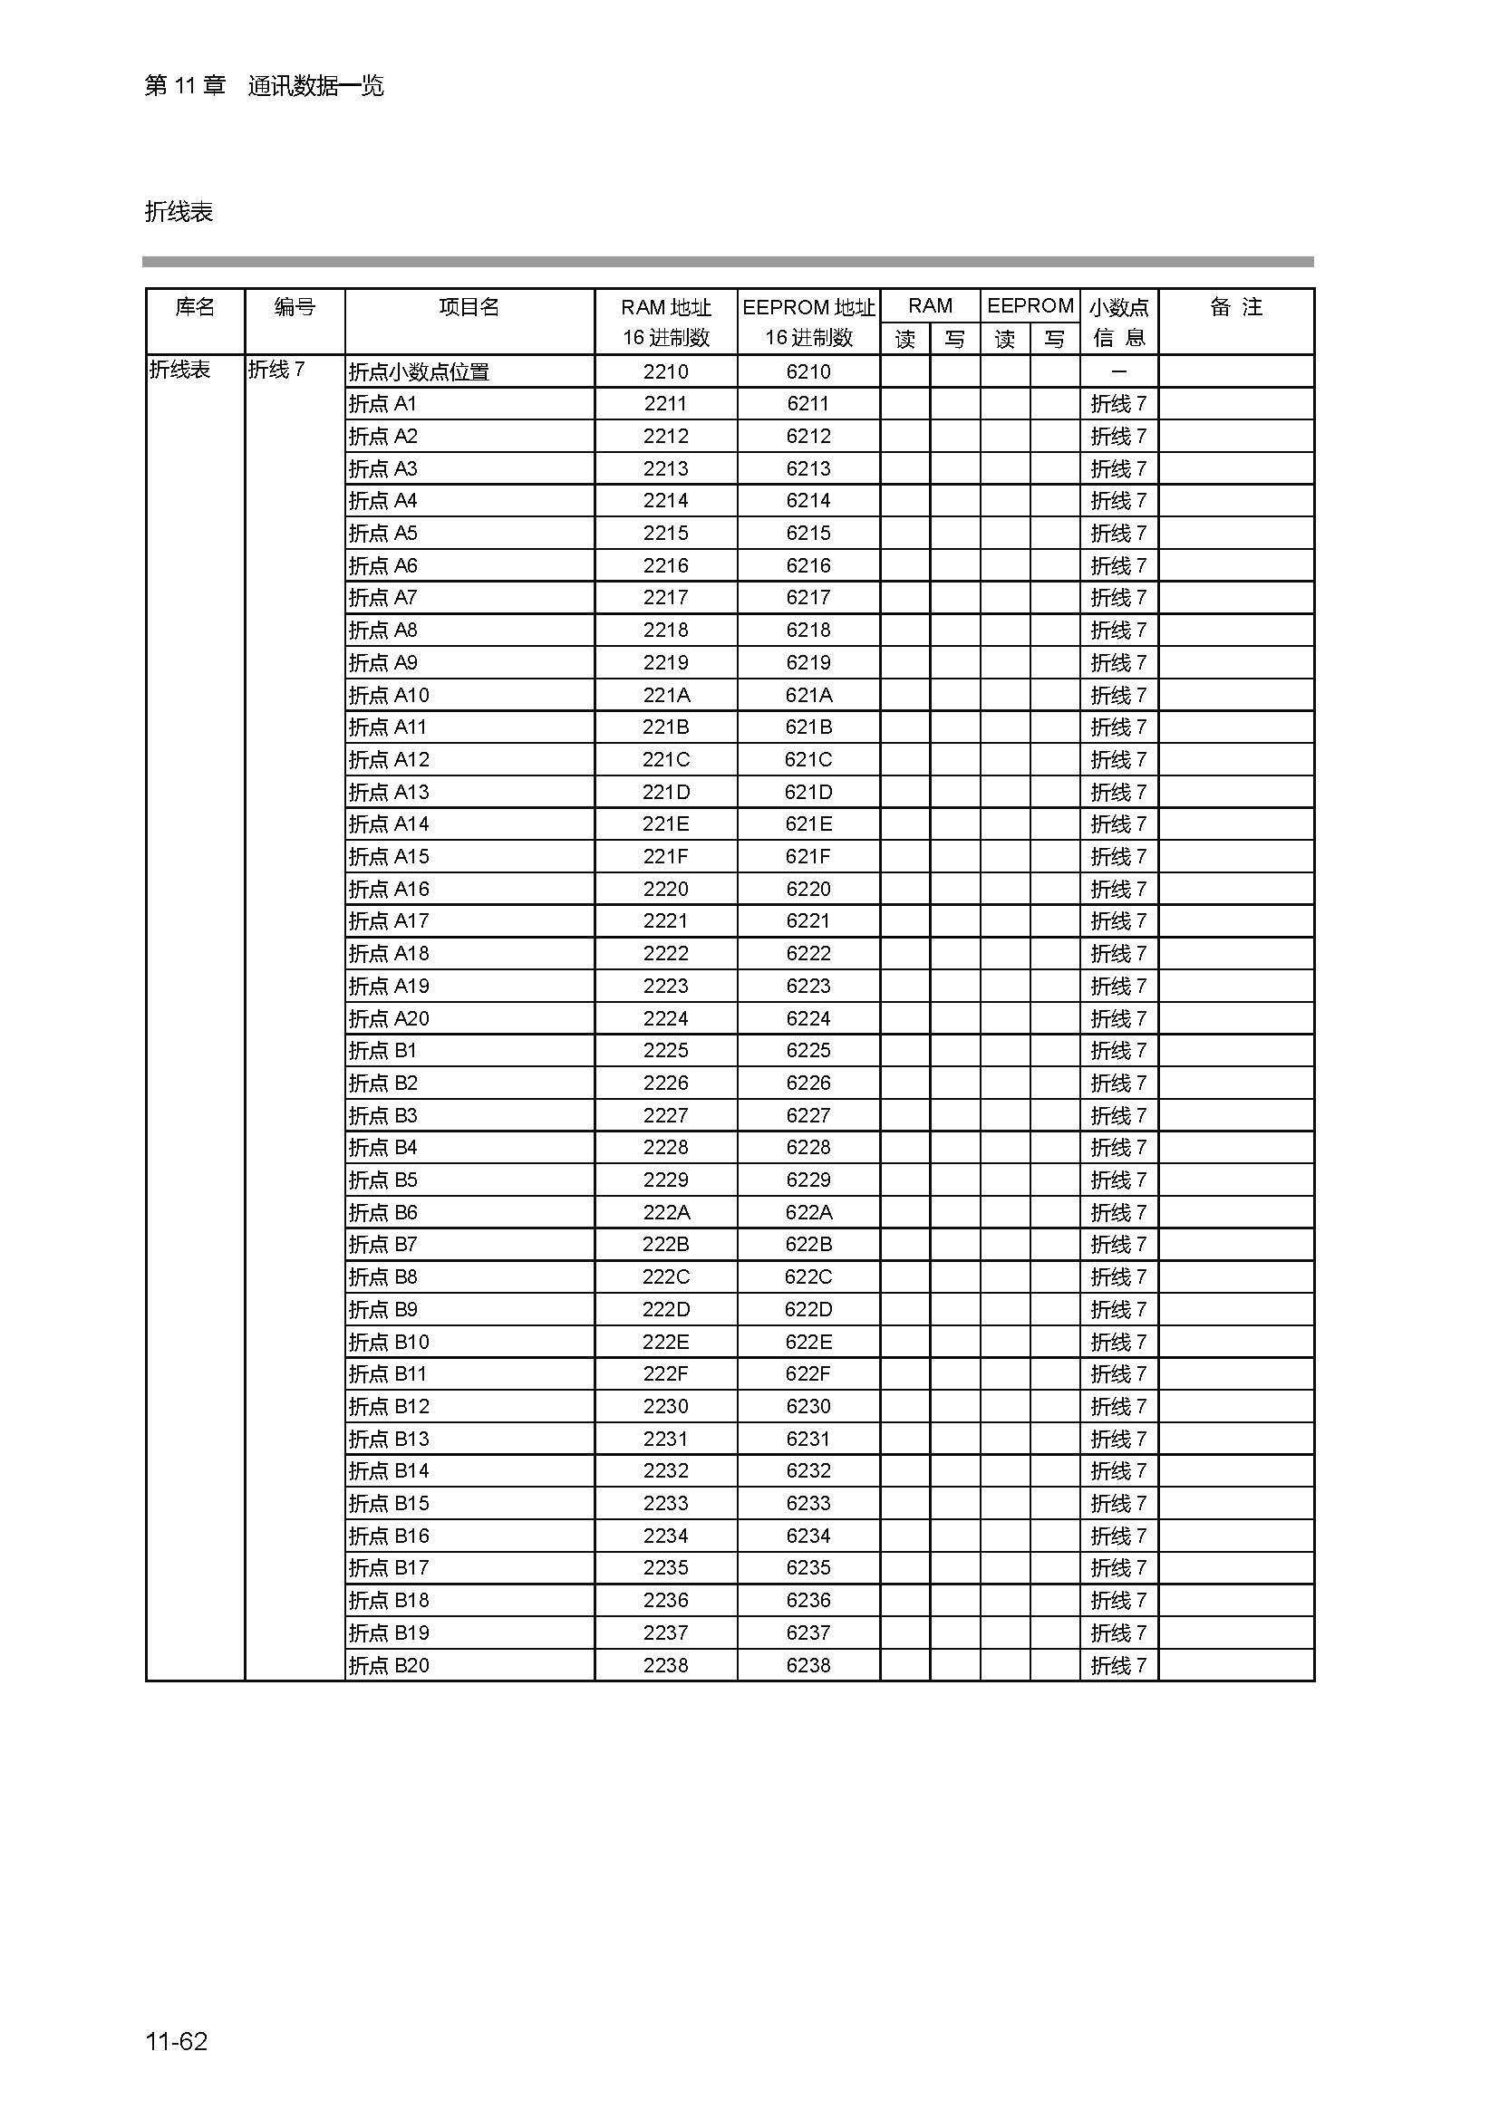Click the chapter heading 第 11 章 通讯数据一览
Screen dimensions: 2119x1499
(x=264, y=87)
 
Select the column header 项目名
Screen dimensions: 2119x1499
(x=469, y=307)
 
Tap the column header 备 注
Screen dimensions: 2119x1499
(x=1235, y=307)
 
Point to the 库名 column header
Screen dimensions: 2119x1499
(x=195, y=307)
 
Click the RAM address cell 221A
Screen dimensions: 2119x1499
(x=665, y=695)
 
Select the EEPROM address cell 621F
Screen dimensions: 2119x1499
(x=808, y=856)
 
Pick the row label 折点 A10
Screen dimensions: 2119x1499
(x=389, y=695)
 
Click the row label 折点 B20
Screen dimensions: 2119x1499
(x=389, y=1666)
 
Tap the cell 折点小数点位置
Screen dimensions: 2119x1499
(x=418, y=372)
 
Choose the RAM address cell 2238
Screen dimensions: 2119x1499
(x=665, y=1666)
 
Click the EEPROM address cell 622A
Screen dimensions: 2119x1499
(x=808, y=1213)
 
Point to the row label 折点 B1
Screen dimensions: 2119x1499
(x=383, y=1051)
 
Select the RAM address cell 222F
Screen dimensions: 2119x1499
(x=665, y=1374)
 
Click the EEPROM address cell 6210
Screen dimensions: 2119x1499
(x=808, y=372)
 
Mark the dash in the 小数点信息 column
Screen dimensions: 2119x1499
(x=1118, y=372)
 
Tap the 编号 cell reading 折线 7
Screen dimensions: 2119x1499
(x=276, y=371)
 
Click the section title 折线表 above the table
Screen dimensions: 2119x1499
(x=179, y=212)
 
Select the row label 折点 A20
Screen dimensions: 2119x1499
(x=389, y=1019)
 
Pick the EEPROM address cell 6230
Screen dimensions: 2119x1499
(x=808, y=1407)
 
